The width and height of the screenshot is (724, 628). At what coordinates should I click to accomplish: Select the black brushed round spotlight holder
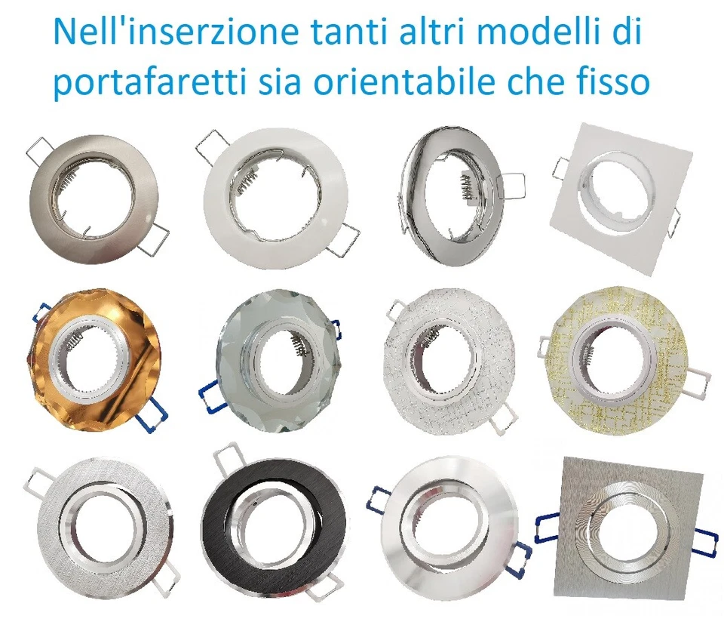(x=275, y=520)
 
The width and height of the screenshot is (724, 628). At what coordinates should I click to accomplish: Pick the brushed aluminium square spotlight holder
(x=626, y=528)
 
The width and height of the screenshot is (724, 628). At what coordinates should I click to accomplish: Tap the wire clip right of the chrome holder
(x=513, y=189)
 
